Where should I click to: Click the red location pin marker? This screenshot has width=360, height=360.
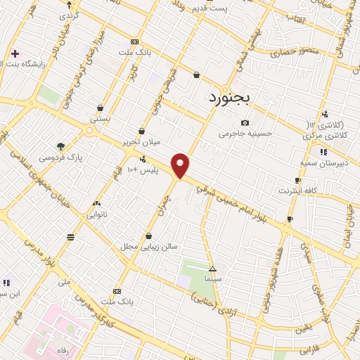coord(181,165)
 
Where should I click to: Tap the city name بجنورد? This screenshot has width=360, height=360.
coord(229,98)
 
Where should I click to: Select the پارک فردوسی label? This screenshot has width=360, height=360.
coord(60,158)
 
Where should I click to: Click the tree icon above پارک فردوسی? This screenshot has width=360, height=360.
coord(60,146)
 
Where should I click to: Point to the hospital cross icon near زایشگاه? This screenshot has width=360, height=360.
coord(15,53)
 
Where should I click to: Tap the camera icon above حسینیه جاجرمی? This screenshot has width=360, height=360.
coord(245,122)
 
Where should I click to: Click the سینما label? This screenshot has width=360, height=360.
coord(213,279)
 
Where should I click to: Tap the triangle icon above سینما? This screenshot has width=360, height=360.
coord(213,269)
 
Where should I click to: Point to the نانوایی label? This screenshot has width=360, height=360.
coord(96,215)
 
